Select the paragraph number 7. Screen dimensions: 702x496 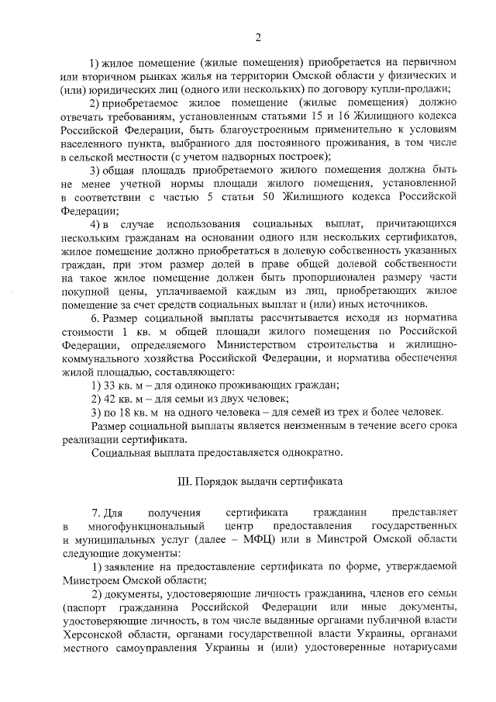coord(95,513)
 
